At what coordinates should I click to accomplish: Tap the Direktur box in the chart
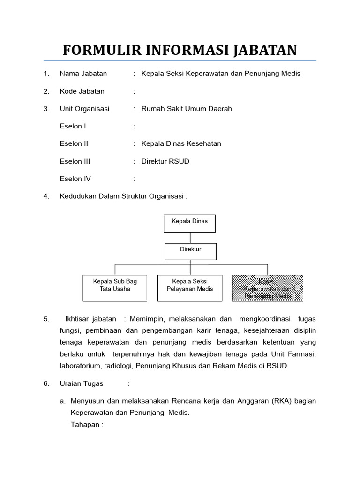click(190, 251)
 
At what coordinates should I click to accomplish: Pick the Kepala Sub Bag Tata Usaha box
click(115, 287)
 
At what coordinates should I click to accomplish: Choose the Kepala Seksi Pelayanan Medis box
click(189, 287)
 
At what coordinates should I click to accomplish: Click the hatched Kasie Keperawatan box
click(268, 287)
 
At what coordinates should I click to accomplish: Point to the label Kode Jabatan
click(82, 91)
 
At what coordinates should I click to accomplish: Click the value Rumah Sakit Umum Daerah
click(187, 109)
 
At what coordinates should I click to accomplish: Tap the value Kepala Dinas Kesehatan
click(181, 144)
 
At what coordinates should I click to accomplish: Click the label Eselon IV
click(75, 179)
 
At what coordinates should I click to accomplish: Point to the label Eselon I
click(73, 126)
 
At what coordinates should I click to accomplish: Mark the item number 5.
click(46, 319)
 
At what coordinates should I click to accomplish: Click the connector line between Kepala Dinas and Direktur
click(190, 238)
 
